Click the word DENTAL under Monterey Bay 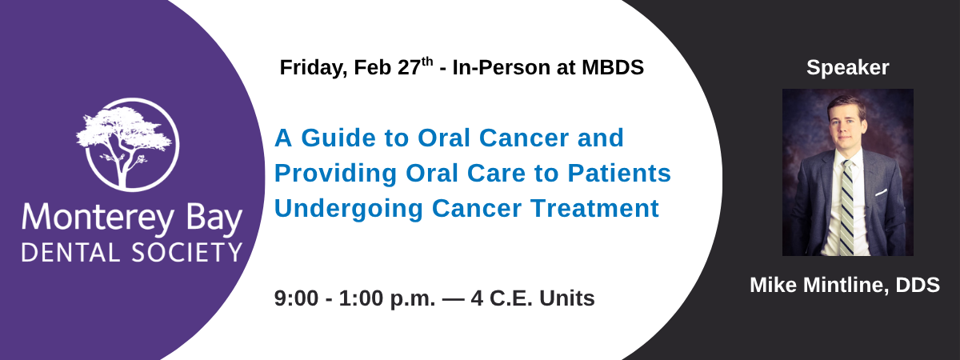[x=70, y=253]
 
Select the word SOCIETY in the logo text [x=187, y=253]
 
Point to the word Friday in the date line [x=314, y=68]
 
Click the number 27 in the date [x=410, y=68]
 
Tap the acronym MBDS [x=613, y=68]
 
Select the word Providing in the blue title [x=335, y=174]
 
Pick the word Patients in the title [x=619, y=173]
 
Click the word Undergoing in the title [x=349, y=209]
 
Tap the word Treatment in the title [x=595, y=208]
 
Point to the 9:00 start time [x=296, y=298]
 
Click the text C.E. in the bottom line [x=511, y=298]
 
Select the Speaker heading [x=848, y=68]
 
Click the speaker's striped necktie [x=846, y=208]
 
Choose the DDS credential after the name [x=918, y=286]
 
